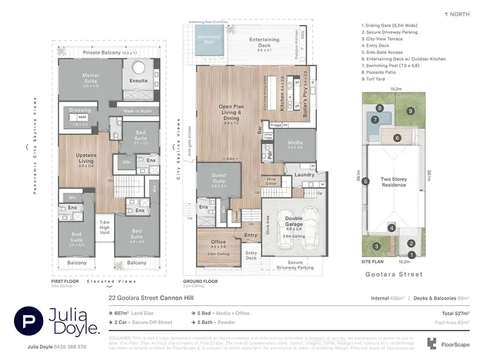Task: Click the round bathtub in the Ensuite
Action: click(x=139, y=69)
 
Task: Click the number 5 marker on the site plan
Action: click(x=364, y=181)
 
